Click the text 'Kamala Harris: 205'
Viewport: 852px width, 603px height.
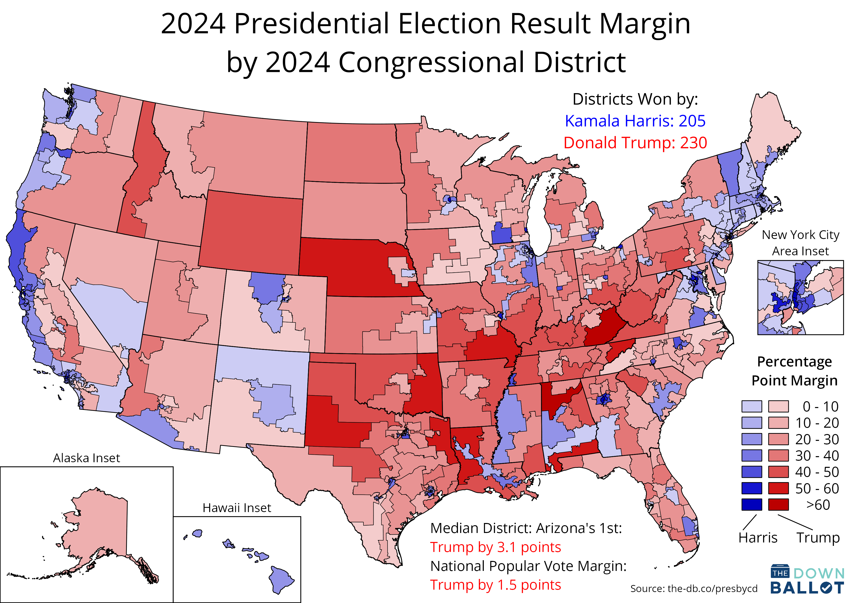coord(635,121)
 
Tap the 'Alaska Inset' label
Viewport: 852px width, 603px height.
coord(86,458)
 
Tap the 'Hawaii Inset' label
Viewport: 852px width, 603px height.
coord(237,508)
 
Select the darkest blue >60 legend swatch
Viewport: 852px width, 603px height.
coord(751,505)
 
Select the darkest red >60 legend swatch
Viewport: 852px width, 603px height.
coord(778,505)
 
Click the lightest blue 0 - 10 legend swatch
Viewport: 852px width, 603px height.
coord(751,406)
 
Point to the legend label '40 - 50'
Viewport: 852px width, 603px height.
coord(817,472)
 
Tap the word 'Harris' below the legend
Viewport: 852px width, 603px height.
coord(757,537)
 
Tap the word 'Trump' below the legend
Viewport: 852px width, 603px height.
coord(818,537)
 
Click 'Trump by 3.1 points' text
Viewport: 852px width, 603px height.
coord(495,547)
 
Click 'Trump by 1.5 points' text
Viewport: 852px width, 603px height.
coord(495,585)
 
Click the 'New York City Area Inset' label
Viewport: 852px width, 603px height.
coord(800,243)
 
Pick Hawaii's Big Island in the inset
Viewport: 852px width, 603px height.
coord(281,579)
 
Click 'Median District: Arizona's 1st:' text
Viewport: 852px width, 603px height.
coord(526,528)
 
